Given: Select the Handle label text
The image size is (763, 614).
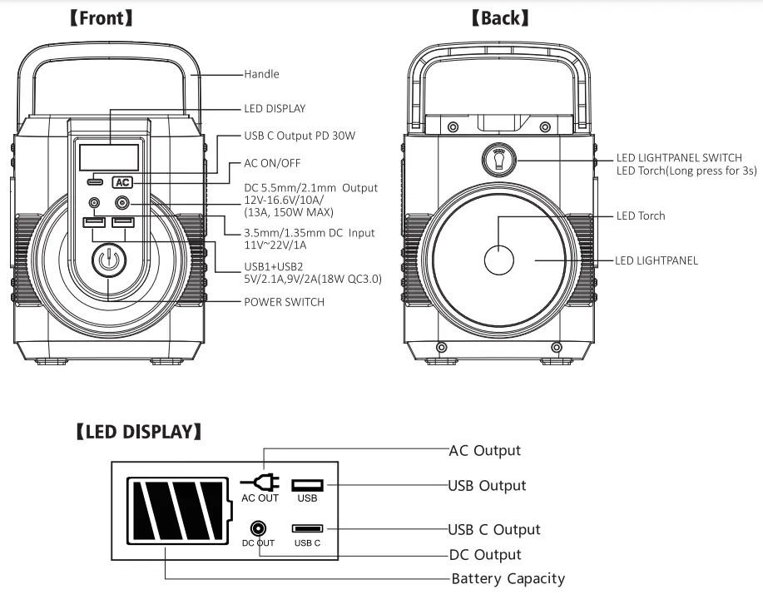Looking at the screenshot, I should (261, 74).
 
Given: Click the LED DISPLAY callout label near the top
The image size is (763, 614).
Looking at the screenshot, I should (275, 108).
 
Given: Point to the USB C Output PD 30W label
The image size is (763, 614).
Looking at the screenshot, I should (300, 136).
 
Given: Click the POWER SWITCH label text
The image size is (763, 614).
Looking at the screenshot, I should (284, 302).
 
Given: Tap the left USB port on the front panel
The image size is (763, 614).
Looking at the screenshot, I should (93, 222).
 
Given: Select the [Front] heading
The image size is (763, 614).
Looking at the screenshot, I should (101, 17).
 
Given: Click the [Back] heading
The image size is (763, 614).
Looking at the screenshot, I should (499, 17).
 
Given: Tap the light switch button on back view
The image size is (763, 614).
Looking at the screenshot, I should (499, 159).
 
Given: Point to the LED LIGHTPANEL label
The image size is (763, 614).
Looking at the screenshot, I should (657, 260).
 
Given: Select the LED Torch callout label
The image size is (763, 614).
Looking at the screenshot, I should (641, 215).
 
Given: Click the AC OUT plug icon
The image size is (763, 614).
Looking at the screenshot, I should (260, 483).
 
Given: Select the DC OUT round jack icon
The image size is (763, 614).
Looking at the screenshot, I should (259, 528).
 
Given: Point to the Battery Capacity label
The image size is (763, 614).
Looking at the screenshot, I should (508, 578).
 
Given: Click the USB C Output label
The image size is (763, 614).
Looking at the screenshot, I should (494, 529).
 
